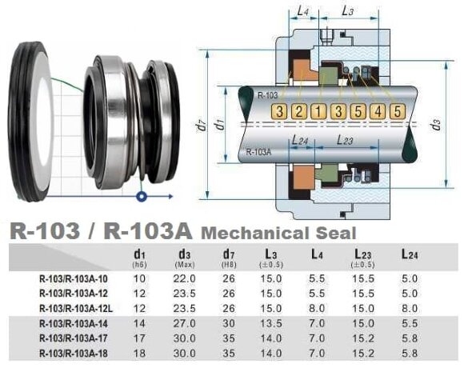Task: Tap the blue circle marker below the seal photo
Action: click(x=142, y=194)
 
